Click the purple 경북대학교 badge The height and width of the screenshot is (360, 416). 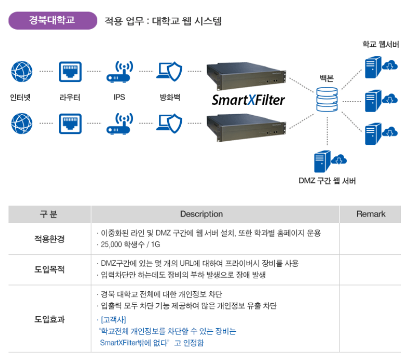click(x=52, y=21)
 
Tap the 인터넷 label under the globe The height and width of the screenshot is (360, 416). click(x=21, y=97)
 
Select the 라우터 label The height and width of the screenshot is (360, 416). click(x=69, y=97)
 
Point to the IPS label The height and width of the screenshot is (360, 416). click(x=119, y=97)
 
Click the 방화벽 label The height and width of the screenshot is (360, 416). click(x=170, y=97)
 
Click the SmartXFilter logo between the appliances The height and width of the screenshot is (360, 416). click(x=248, y=100)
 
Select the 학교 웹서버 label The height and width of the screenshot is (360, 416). click(x=381, y=45)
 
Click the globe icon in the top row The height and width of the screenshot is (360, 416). click(x=21, y=71)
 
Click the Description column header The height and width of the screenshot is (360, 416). click(x=201, y=214)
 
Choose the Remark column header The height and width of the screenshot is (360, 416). click(x=371, y=214)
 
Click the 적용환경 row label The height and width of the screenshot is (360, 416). click(x=49, y=239)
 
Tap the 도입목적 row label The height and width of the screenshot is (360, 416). click(x=49, y=269)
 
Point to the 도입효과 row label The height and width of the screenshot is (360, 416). click(x=49, y=319)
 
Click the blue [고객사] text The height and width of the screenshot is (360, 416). click(x=113, y=319)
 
